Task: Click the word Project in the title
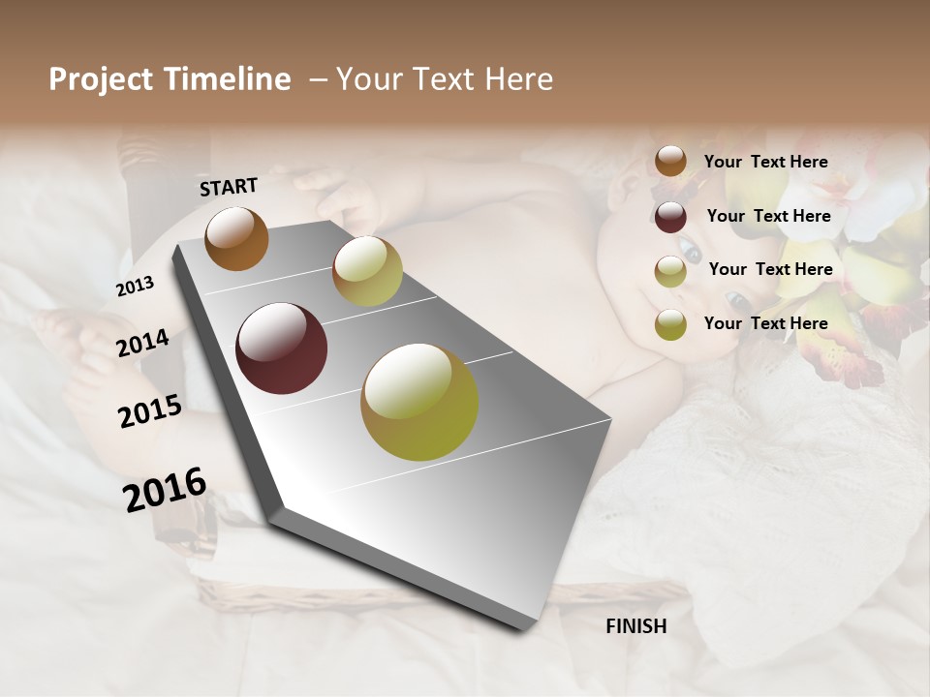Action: click(96, 79)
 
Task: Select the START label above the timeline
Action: click(229, 187)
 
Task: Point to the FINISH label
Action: click(636, 626)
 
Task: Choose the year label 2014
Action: click(142, 344)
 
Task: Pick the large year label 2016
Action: click(165, 489)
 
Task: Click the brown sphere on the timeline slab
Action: click(236, 238)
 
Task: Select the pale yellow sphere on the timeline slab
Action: click(367, 271)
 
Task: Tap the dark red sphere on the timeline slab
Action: click(281, 348)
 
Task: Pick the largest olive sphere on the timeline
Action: click(419, 402)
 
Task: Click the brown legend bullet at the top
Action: click(670, 162)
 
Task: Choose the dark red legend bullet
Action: click(670, 217)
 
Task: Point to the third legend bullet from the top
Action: click(670, 271)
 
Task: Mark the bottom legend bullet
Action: click(670, 324)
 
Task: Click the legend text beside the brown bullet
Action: click(765, 162)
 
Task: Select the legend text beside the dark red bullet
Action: click(768, 216)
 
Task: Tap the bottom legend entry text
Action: click(765, 323)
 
